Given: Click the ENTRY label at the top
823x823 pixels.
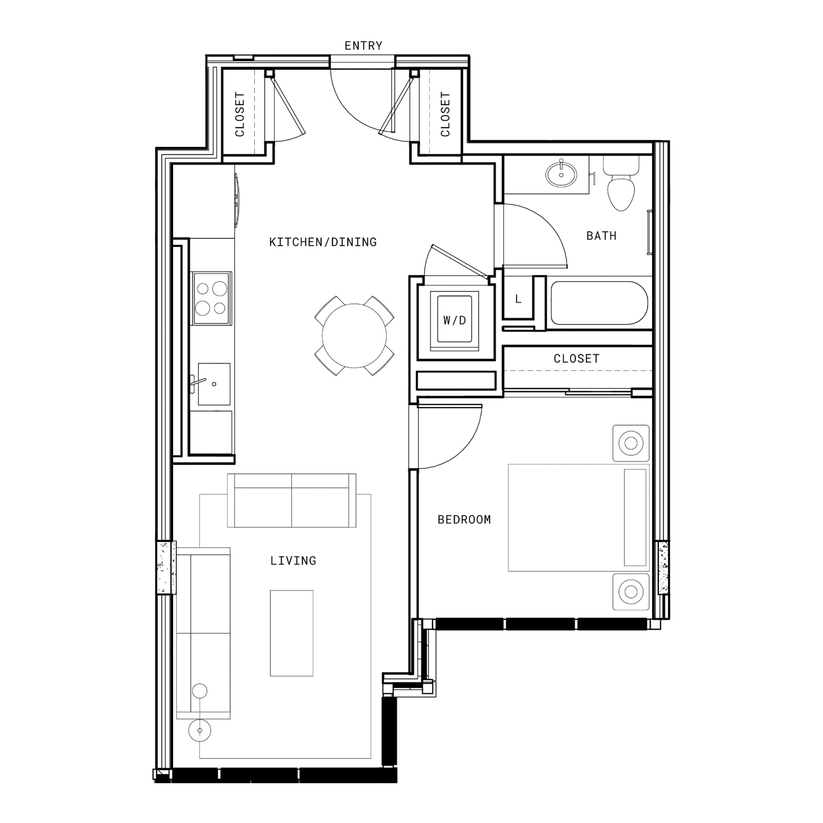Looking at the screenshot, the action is pyautogui.click(x=363, y=46).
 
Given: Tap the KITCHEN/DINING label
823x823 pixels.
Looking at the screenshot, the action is pyautogui.click(x=323, y=242).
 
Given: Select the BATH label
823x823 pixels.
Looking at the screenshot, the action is pyautogui.click(x=601, y=236).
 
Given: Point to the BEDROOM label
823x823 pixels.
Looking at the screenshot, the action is pyautogui.click(x=464, y=520).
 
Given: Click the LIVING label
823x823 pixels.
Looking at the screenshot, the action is pyautogui.click(x=293, y=561).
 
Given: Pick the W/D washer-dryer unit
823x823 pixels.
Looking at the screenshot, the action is pyautogui.click(x=455, y=320).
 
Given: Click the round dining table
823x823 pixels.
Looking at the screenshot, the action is pyautogui.click(x=355, y=335).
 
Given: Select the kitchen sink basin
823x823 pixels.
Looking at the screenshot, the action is pyautogui.click(x=213, y=384).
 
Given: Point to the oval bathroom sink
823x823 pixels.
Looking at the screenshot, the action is pyautogui.click(x=561, y=174).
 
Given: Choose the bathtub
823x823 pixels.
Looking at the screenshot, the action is pyautogui.click(x=599, y=303).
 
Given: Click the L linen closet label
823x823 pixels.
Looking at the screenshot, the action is pyautogui.click(x=518, y=299).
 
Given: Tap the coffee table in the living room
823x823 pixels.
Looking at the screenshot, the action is pyautogui.click(x=292, y=633).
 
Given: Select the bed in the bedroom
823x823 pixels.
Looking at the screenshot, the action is pyautogui.click(x=579, y=518).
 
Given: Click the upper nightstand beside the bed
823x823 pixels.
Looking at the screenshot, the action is pyautogui.click(x=631, y=443).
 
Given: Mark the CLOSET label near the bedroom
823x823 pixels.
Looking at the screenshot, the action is pyautogui.click(x=577, y=359).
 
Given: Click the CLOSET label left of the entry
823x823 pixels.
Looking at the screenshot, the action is pyautogui.click(x=240, y=114).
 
